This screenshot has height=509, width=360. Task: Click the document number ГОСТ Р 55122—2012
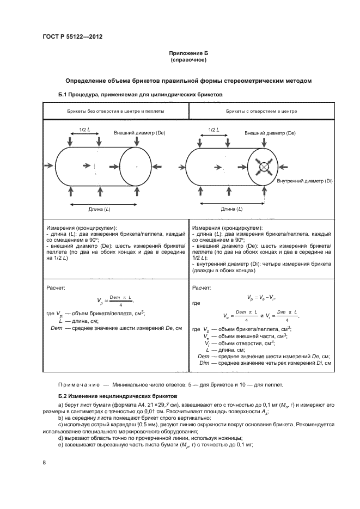[x=72, y=36]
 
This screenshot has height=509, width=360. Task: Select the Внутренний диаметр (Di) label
[x=305, y=180]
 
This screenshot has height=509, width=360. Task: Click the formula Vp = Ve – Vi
[x=261, y=297]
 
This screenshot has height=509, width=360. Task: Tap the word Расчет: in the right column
[x=203, y=287]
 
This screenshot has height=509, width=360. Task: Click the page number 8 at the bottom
[x=45, y=463]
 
